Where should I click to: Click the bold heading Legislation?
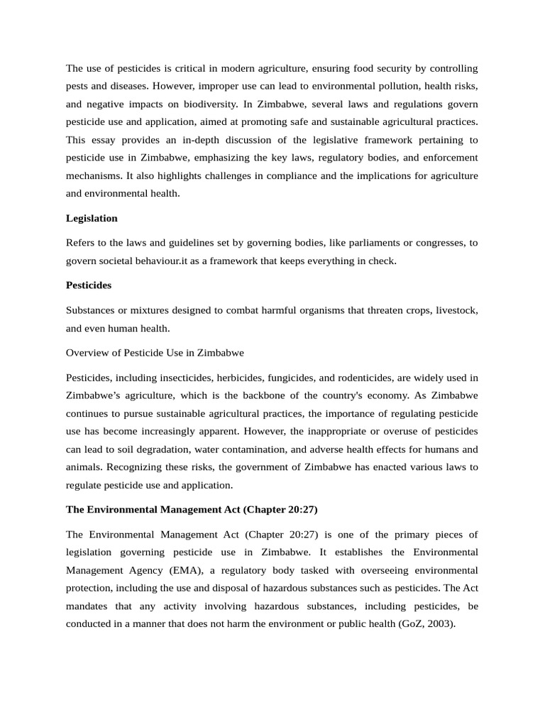tap(92, 218)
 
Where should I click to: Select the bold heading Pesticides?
tap(89, 285)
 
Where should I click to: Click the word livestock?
tap(456, 310)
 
